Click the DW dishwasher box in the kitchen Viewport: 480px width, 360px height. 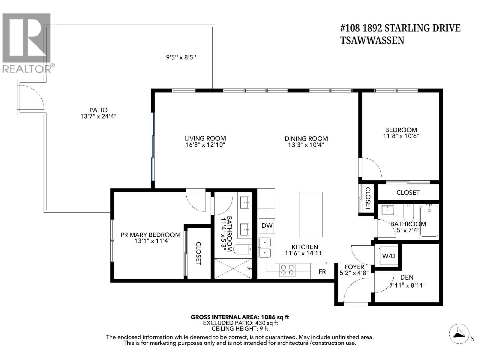coord(267,226)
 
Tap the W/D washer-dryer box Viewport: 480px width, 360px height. coord(388,256)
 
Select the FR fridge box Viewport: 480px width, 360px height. coord(322,272)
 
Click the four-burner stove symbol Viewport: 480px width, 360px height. coord(287,270)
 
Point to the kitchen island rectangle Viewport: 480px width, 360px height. coord(310,214)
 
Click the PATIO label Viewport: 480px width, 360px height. coord(98,110)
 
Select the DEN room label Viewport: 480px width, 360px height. coord(406,277)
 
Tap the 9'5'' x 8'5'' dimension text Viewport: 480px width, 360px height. coord(181,57)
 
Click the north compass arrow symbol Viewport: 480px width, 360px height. coord(459,333)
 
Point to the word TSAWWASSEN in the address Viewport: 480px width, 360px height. coord(372,40)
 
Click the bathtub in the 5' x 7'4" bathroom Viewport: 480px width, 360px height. coord(429,221)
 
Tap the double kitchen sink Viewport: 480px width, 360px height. coord(265,248)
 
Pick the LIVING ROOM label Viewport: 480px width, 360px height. coord(205,138)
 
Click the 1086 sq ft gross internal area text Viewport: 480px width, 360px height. coord(240,317)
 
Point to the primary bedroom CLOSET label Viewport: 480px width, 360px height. coord(198,253)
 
